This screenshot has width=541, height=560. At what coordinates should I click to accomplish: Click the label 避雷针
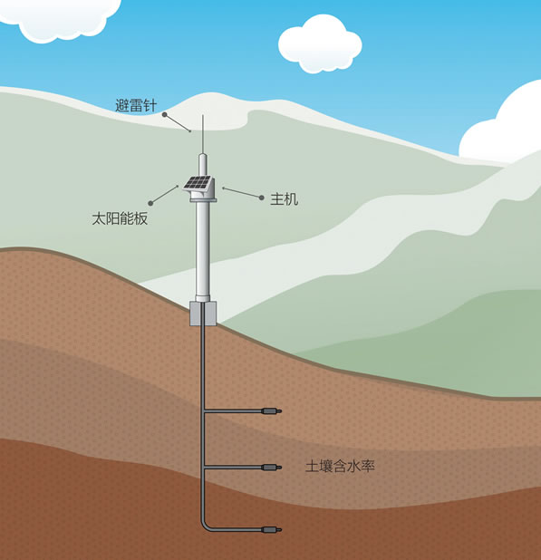[x=136, y=105]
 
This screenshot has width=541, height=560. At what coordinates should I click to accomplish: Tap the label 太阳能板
[x=120, y=218]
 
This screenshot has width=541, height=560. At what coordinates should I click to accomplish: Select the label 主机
[x=285, y=199]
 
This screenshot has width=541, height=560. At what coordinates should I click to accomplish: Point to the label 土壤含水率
[x=340, y=467]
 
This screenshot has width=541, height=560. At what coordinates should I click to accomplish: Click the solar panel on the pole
[x=198, y=182]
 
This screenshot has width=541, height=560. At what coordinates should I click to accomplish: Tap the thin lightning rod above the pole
[x=203, y=134]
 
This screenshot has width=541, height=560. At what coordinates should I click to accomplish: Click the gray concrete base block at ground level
[x=203, y=314]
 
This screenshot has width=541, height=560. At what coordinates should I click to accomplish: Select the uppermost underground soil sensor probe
[x=272, y=411]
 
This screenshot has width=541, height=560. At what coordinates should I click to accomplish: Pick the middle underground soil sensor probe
[x=272, y=467]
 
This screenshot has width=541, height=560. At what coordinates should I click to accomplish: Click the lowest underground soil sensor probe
[x=272, y=529]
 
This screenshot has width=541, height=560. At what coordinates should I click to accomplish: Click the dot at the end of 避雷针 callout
[x=165, y=115]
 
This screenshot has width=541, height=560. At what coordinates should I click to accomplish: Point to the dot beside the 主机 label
[x=262, y=198]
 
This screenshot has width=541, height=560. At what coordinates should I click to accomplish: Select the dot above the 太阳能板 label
[x=150, y=203]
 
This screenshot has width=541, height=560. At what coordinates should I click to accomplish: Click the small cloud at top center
[x=320, y=43]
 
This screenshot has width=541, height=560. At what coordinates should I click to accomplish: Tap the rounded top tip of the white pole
[x=203, y=155]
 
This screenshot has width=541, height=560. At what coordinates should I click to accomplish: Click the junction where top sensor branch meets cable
[x=203, y=411]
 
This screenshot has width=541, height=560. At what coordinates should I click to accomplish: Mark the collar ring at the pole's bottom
[x=203, y=298]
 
